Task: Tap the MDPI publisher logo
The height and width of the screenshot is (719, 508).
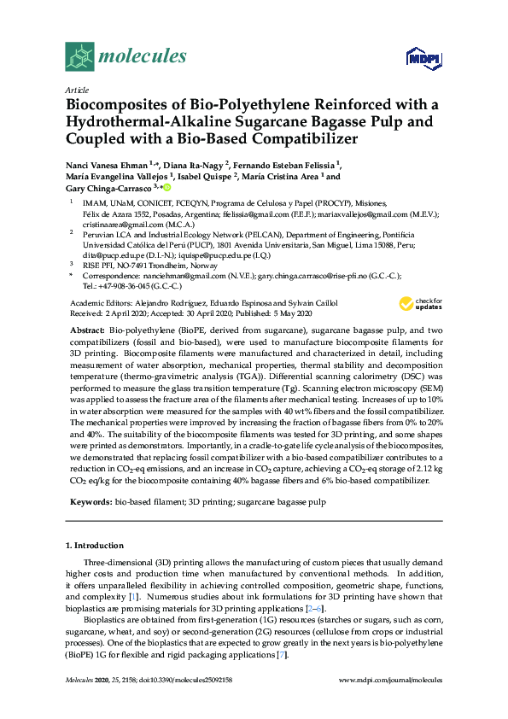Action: point(425,58)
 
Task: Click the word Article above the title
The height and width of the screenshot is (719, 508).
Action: point(78,90)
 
